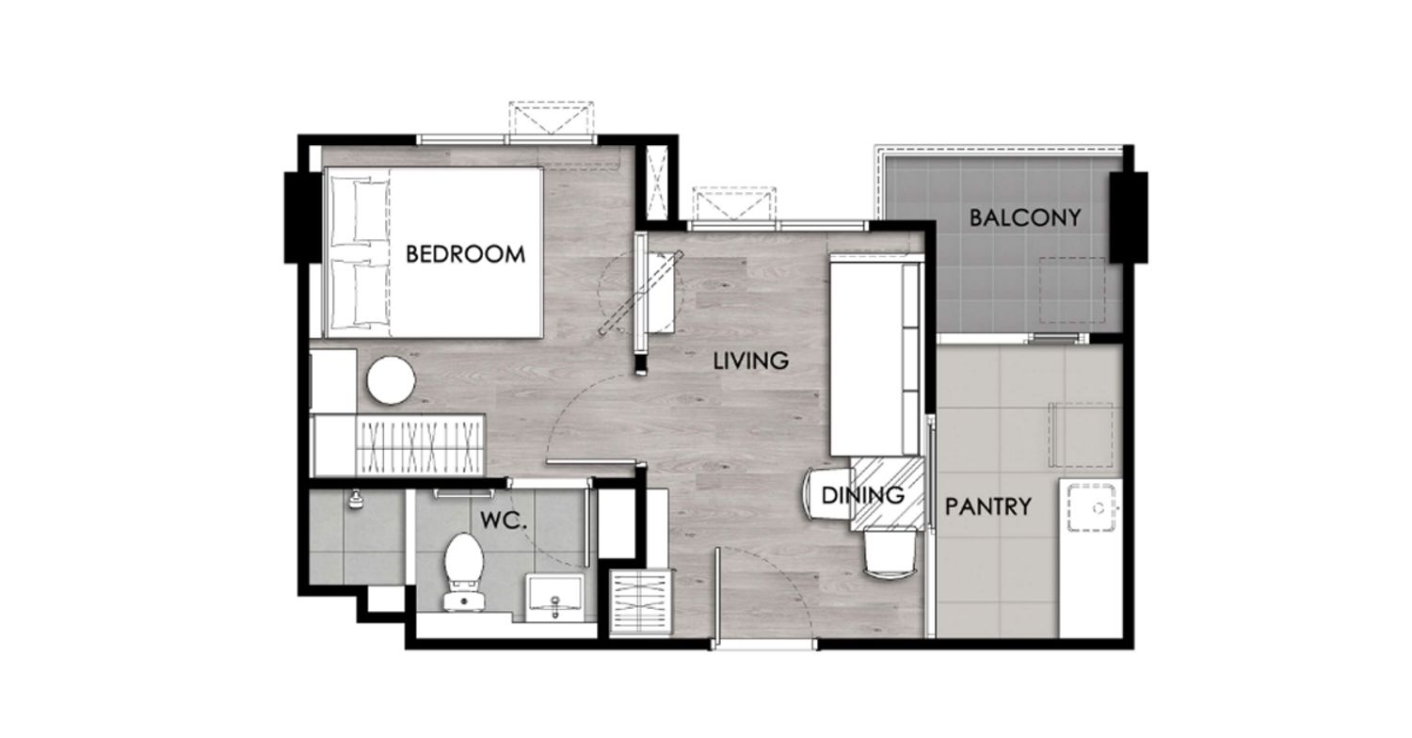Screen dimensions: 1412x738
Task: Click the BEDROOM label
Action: click(465, 254)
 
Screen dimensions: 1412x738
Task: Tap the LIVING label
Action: click(751, 361)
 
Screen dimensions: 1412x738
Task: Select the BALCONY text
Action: click(1025, 218)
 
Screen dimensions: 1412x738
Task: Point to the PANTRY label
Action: click(987, 506)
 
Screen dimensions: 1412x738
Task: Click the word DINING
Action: click(863, 495)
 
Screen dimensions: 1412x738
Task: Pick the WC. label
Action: click(503, 521)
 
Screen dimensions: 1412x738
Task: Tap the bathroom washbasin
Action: click(554, 597)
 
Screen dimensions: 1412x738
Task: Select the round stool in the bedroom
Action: click(391, 380)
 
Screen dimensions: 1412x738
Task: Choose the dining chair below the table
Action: click(890, 553)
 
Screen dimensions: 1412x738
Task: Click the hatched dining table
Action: click(888, 494)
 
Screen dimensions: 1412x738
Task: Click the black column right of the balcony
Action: click(1129, 217)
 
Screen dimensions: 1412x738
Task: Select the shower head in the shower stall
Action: click(356, 499)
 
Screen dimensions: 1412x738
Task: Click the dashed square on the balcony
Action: click(1072, 290)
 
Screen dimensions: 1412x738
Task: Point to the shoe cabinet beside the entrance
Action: click(640, 602)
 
